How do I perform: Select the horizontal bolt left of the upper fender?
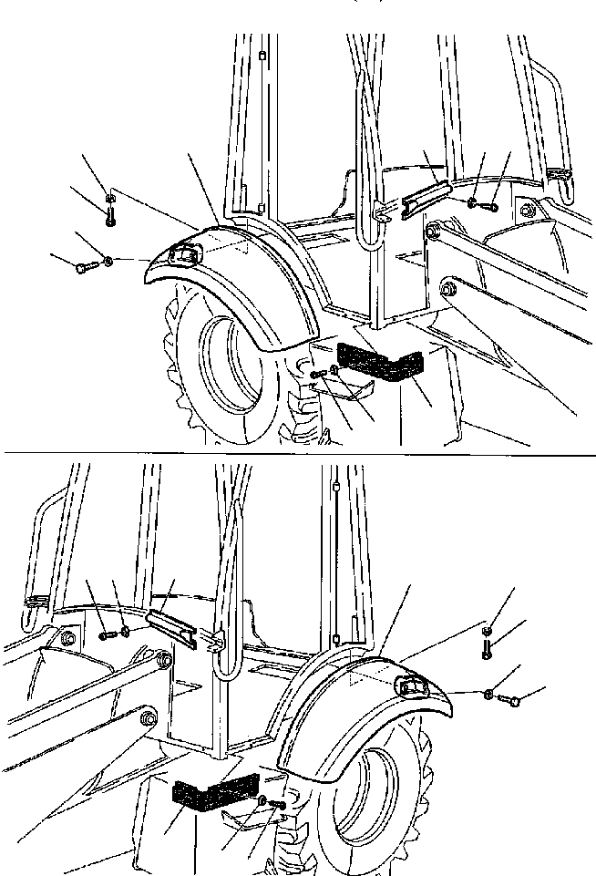tap(87, 266)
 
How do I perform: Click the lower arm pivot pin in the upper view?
tap(447, 290)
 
